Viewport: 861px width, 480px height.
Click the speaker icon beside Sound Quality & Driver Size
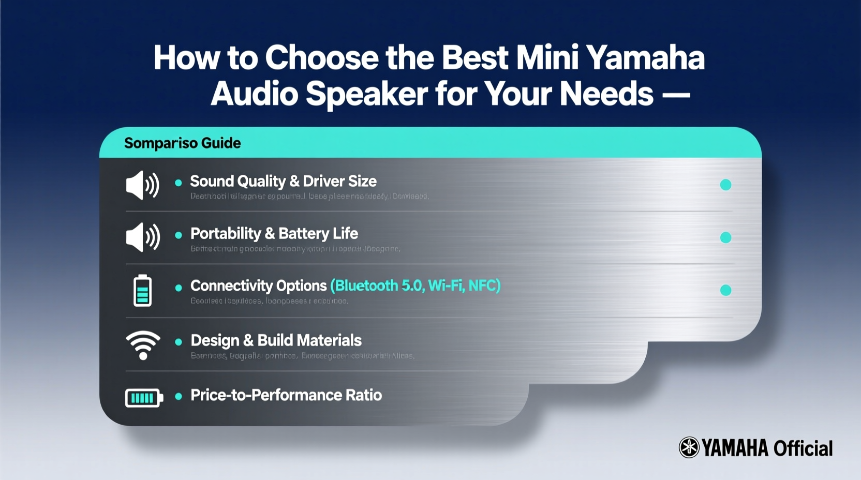coord(142,185)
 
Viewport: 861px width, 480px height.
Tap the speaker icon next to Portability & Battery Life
coord(143,237)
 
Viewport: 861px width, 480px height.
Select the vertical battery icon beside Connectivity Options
coord(143,290)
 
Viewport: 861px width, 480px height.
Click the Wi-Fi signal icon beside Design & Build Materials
coord(143,344)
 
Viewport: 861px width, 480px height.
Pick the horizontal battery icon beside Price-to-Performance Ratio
coord(144,398)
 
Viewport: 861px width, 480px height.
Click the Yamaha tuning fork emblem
coord(689,447)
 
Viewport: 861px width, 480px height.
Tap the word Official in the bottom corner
coord(803,448)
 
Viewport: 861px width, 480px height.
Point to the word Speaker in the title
coord(366,94)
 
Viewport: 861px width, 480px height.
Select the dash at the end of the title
coord(676,95)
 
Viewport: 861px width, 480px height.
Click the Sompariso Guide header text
coord(182,143)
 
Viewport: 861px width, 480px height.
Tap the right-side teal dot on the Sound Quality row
coord(725,185)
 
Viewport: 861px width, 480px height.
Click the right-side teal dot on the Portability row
coord(725,237)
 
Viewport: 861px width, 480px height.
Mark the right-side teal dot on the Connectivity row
coord(725,290)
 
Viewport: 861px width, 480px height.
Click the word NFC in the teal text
coord(483,286)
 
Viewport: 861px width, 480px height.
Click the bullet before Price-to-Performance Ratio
coord(179,396)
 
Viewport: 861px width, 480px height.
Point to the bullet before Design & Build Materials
coord(179,342)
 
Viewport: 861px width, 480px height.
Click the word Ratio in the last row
coord(364,395)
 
